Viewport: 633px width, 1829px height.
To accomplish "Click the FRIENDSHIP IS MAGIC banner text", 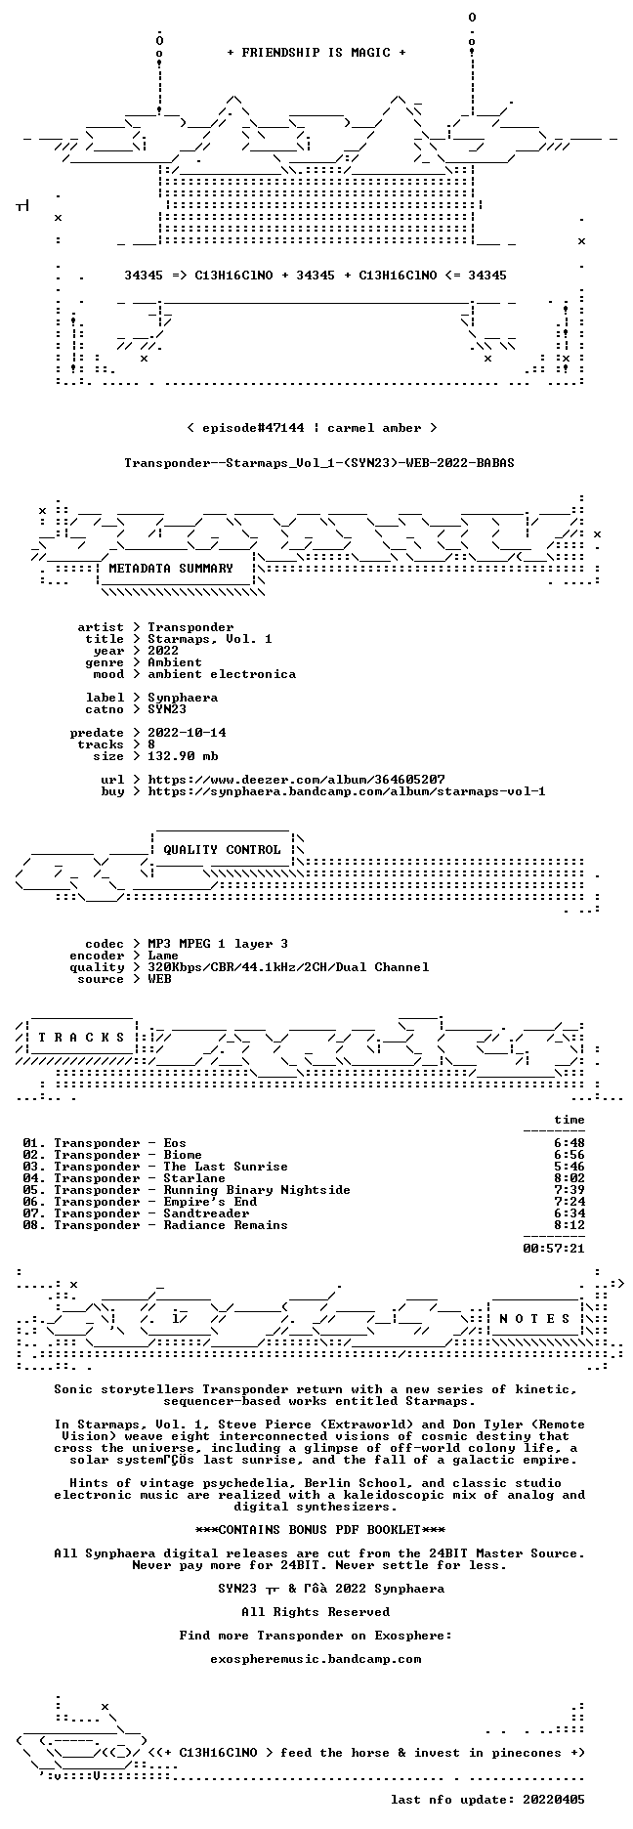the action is pos(316,53).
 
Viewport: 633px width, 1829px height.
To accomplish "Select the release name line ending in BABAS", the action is pos(319,463).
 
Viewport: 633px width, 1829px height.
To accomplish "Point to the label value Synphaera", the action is pos(183,698).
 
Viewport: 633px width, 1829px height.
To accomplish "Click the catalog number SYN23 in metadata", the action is pos(167,709).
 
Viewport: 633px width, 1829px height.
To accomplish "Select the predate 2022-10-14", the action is pos(187,733).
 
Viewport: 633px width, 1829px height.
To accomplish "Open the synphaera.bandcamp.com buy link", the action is pos(347,791).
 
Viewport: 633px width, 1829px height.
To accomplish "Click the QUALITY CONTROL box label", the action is pos(222,850).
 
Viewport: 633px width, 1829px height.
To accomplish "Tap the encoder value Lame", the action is pos(163,956).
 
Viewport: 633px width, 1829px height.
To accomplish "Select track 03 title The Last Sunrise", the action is pos(226,1167).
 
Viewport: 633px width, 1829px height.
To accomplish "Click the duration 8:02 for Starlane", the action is pos(570,1178).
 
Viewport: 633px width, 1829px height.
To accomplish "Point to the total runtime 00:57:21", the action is pos(554,1248).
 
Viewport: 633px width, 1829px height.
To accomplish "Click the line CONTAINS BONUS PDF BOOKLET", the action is pos(319,1529).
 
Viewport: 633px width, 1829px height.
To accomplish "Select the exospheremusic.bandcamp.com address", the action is pos(316,1658).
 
